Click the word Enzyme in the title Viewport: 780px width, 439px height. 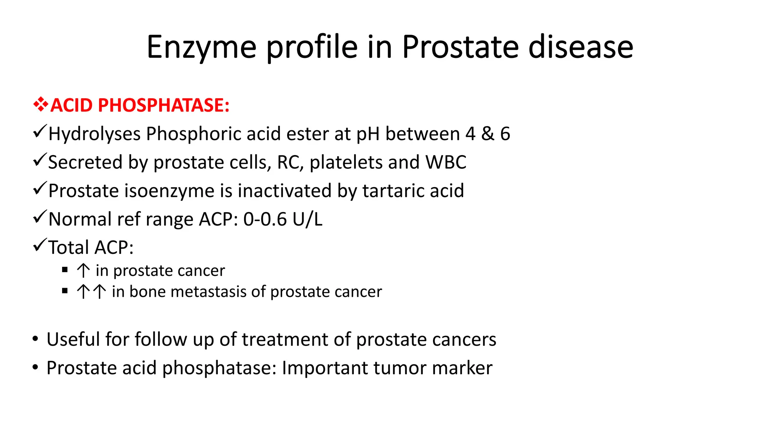coord(201,47)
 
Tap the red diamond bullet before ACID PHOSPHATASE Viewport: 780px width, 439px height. coord(40,104)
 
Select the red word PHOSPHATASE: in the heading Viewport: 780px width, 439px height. coord(164,105)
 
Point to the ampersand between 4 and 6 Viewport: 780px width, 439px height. coord(487,134)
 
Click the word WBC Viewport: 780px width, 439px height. coord(446,162)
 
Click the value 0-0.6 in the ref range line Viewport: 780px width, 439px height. coord(265,219)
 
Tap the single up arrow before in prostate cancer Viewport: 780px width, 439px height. coord(83,271)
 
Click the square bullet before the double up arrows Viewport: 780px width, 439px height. coord(65,291)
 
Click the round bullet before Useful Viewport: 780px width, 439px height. coord(35,339)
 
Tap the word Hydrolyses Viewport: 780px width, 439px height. coord(94,134)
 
